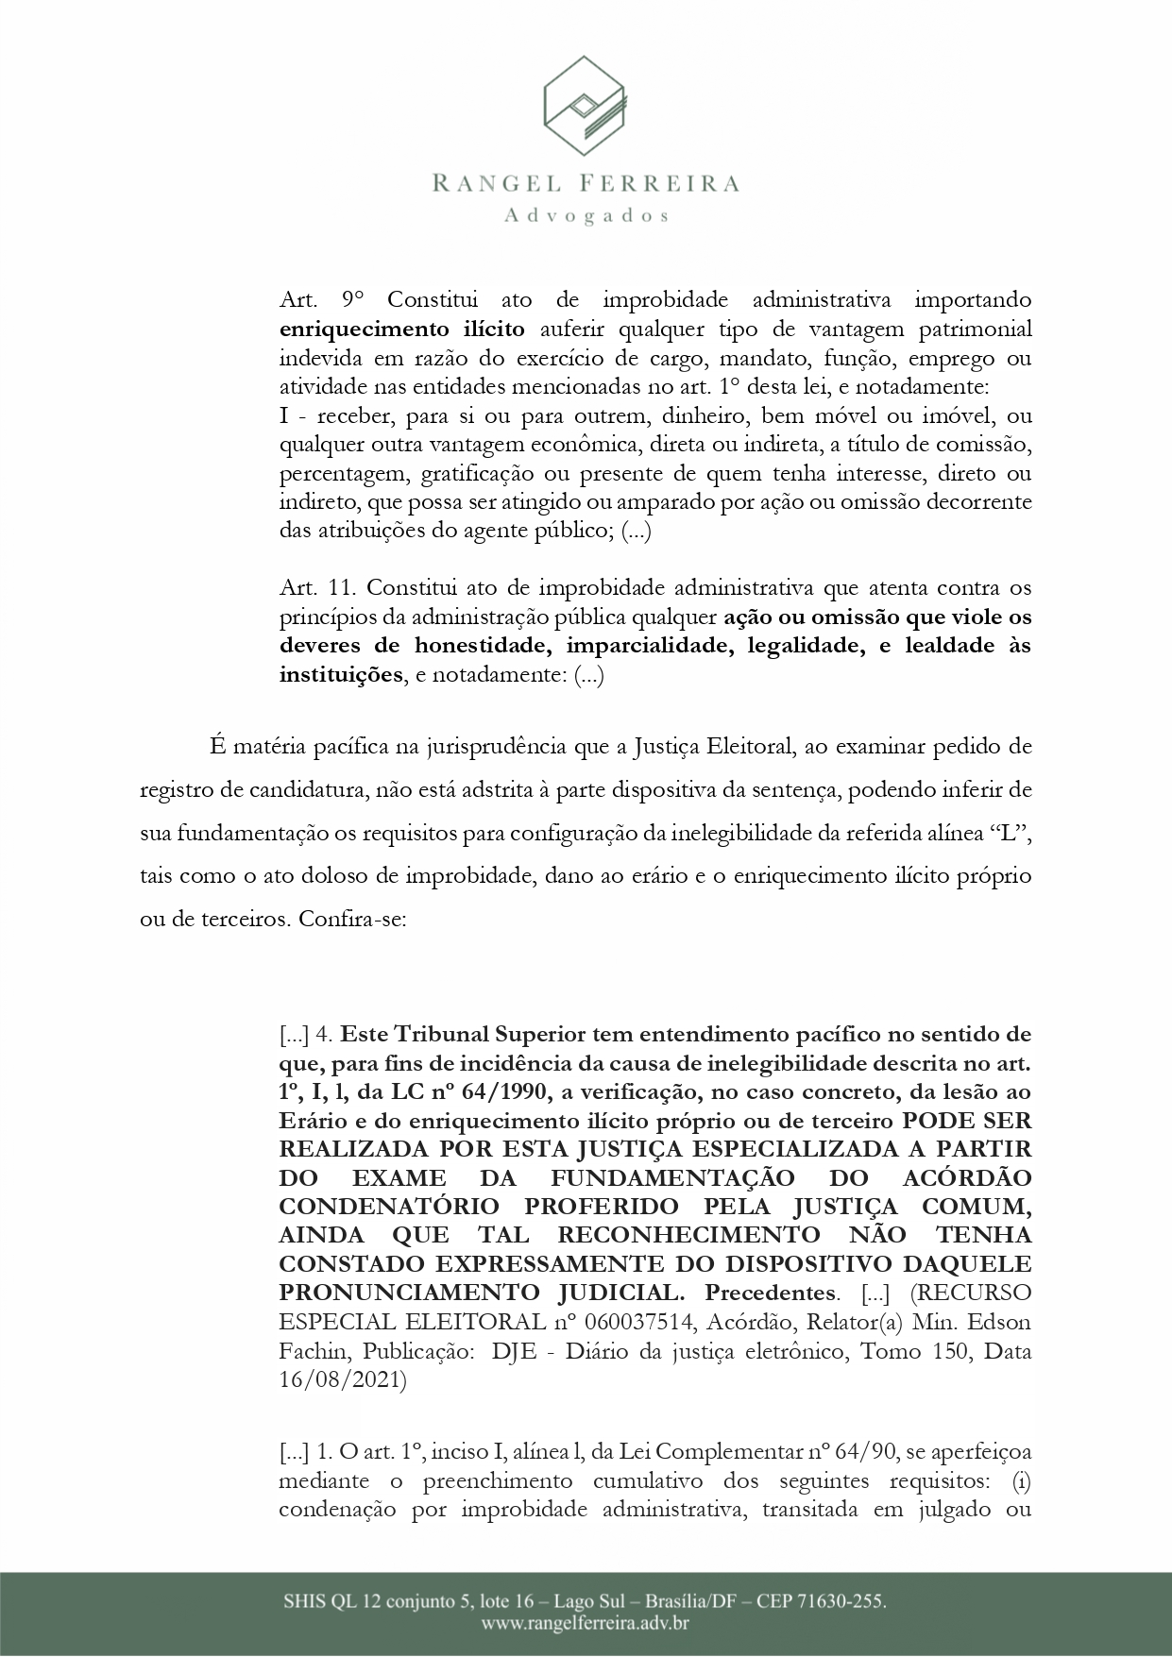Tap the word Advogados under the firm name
point(586,216)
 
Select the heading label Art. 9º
point(321,300)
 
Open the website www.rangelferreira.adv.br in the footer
point(585,1624)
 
